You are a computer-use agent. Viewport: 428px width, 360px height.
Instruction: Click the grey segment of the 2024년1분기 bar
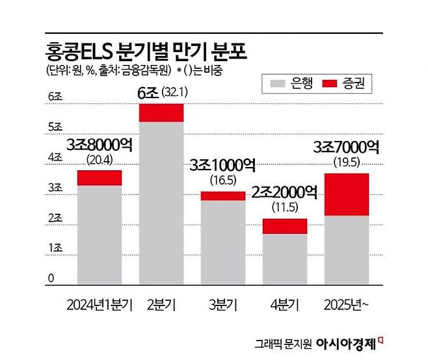(x=100, y=234)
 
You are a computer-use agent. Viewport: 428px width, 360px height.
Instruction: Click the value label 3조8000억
(x=99, y=145)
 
